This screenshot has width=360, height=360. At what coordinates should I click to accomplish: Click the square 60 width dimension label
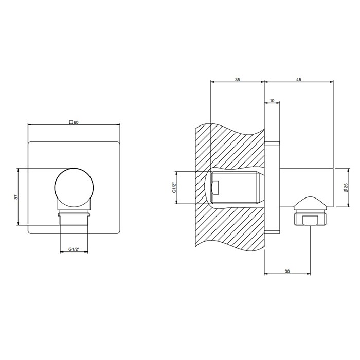pos(74,122)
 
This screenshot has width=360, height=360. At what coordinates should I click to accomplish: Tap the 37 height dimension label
pos(16,197)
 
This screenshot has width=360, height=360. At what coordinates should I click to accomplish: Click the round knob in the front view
pos(75,188)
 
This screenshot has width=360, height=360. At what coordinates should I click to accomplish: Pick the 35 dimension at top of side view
pos(237,80)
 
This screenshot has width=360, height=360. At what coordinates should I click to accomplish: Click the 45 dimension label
pos(298,80)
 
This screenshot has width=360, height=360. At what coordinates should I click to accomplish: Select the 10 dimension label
pos(272,101)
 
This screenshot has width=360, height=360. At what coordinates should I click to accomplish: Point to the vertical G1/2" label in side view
pos(174,188)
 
